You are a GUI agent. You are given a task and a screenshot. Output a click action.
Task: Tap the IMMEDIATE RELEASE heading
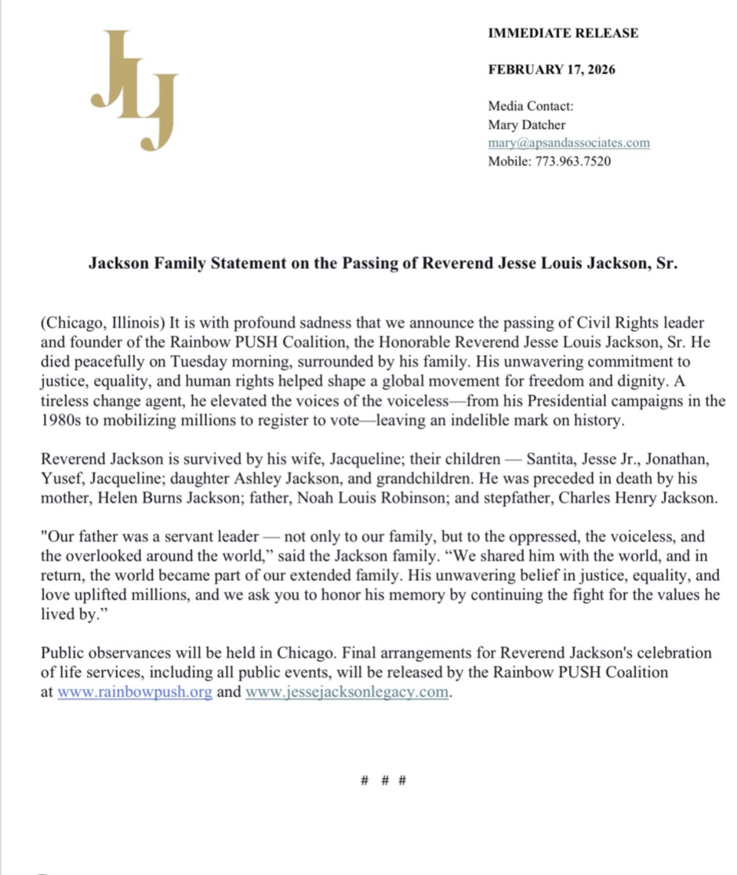click(x=563, y=33)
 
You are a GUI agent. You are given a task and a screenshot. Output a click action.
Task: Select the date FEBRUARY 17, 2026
click(x=551, y=69)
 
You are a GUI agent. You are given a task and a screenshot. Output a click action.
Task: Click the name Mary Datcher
click(x=526, y=125)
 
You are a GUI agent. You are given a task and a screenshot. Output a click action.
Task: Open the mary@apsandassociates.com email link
click(x=568, y=143)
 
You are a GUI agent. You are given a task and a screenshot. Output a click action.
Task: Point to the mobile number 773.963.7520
click(x=573, y=162)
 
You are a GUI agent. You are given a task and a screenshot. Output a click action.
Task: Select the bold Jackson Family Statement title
click(x=383, y=264)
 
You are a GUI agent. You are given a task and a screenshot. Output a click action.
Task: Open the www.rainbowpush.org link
click(x=135, y=693)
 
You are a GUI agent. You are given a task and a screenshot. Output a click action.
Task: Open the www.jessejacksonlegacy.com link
click(x=347, y=693)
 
